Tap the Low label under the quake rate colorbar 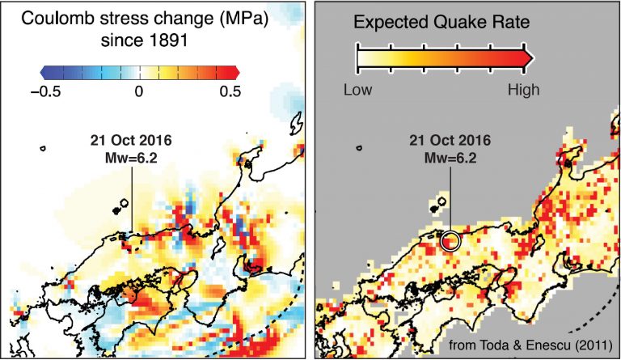359,90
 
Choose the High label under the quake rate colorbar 523,90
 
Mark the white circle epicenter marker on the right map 450,240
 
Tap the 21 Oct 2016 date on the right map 450,141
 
